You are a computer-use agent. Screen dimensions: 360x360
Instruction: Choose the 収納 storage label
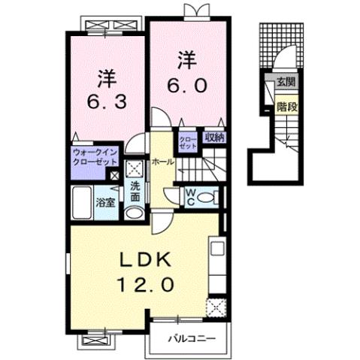pyautogui.click(x=214, y=138)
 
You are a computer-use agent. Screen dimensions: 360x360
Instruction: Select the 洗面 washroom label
pyautogui.click(x=135, y=192)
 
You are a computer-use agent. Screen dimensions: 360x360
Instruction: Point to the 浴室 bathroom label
pyautogui.click(x=106, y=201)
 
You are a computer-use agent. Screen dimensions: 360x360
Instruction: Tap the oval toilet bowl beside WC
pyautogui.click(x=212, y=198)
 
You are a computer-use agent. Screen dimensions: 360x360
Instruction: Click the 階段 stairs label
pyautogui.click(x=286, y=106)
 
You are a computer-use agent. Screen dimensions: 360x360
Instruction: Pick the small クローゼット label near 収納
pyautogui.click(x=188, y=141)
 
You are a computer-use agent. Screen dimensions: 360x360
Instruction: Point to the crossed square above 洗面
pyautogui.click(x=134, y=168)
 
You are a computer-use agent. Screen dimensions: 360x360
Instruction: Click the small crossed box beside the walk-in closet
pyautogui.click(x=115, y=176)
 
